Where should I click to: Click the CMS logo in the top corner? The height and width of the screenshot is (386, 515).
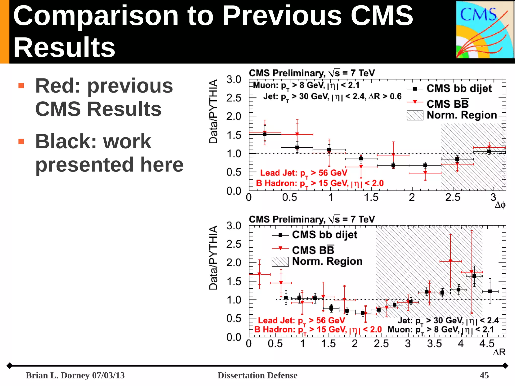485,30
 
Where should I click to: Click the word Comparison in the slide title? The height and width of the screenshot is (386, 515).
96,16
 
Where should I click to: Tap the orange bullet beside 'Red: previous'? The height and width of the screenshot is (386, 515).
21,86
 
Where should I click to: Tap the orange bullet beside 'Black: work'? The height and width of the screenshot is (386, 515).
21,141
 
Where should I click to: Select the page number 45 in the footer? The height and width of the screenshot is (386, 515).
484,375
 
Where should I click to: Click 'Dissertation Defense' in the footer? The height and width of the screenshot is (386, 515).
257,375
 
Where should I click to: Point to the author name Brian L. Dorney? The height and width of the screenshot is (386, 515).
58,375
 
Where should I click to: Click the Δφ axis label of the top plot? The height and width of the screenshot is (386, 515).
500,205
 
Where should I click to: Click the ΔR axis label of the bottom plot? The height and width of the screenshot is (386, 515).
499,352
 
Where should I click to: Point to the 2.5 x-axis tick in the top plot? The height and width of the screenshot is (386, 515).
453,197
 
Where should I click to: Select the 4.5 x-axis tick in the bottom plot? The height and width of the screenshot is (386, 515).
487,344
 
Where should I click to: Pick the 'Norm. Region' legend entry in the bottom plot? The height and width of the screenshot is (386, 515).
327,261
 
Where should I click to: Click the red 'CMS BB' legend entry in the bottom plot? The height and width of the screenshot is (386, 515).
313,250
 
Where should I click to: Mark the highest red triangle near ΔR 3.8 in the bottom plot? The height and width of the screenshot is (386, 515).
450,261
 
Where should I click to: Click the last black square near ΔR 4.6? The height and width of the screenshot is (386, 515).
490,291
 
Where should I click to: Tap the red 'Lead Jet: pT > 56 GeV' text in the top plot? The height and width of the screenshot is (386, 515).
304,173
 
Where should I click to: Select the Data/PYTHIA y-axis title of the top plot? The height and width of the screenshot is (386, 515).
213,111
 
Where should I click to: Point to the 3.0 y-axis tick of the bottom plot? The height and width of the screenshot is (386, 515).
234,226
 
